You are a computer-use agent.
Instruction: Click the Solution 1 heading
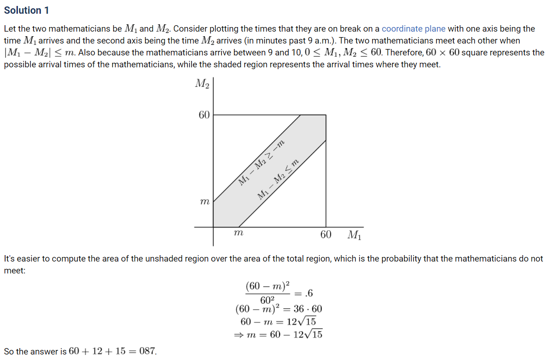point(27,10)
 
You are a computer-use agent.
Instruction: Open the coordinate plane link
point(413,29)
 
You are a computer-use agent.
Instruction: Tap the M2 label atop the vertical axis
point(202,84)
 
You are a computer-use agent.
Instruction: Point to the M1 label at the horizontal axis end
point(354,235)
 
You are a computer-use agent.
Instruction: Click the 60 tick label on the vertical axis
point(204,115)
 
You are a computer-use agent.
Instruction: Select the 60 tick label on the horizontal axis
point(326,235)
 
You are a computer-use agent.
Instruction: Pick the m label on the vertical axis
point(205,202)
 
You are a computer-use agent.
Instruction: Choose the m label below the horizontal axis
point(238,233)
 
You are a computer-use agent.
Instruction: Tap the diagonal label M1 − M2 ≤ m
point(278,179)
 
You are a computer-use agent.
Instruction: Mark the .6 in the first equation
point(308,293)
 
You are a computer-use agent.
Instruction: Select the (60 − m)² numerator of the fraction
point(268,287)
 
